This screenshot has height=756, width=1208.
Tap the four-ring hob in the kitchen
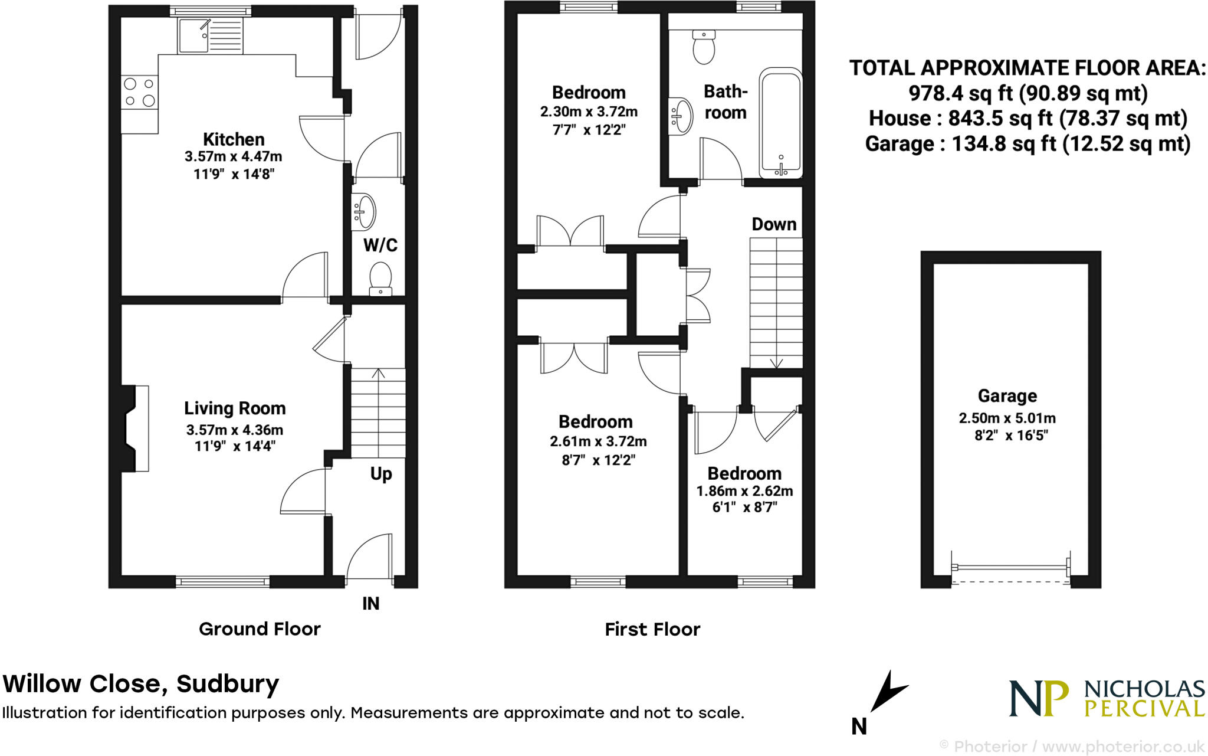(139, 92)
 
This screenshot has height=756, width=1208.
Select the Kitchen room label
(234, 139)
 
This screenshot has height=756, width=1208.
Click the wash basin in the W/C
(364, 211)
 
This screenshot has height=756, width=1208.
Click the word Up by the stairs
(381, 474)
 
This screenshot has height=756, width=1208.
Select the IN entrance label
(370, 603)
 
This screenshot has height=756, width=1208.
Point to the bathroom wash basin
(681, 116)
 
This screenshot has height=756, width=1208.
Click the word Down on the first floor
(774, 224)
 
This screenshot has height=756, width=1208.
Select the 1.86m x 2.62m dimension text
(744, 491)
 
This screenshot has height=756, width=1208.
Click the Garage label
(1007, 395)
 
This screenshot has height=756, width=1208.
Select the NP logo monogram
(1039, 698)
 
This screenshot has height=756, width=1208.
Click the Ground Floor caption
(260, 629)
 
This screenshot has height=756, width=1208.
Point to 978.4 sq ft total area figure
(960, 93)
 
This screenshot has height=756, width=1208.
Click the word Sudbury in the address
(228, 684)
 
